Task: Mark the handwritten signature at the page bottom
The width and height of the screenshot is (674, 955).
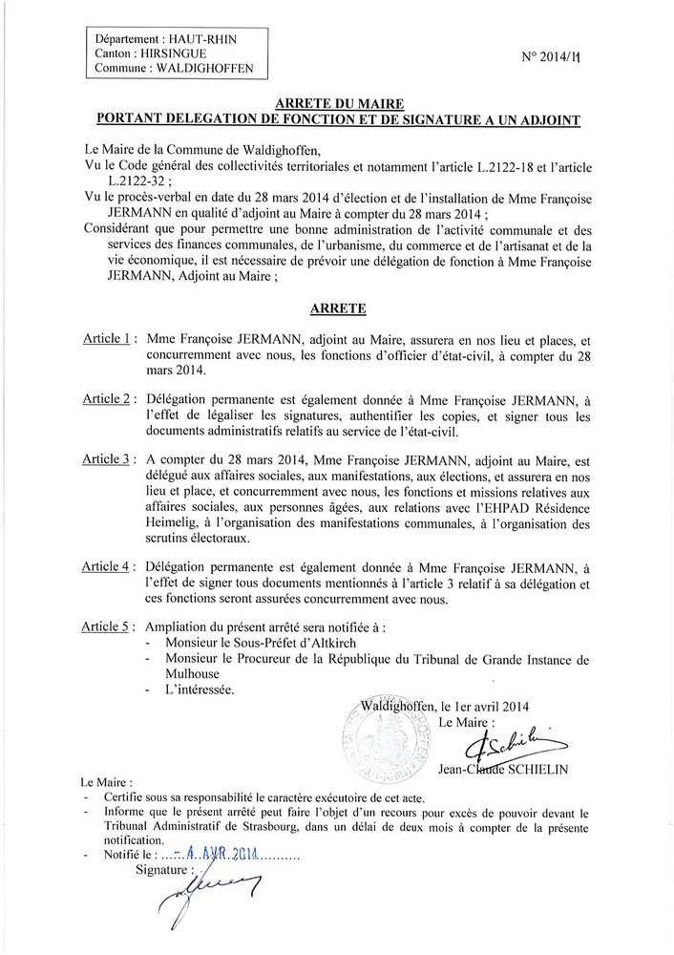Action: coord(220,893)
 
